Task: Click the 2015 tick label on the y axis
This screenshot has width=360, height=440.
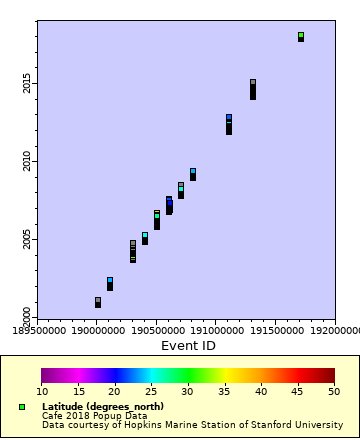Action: click(x=27, y=82)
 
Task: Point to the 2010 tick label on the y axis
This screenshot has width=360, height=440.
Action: click(x=27, y=161)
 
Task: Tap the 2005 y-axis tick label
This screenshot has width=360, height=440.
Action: click(x=27, y=240)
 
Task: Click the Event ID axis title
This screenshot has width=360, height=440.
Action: click(x=188, y=346)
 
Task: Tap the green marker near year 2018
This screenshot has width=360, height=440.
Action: click(x=301, y=36)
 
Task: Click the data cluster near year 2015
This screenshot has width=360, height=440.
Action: click(x=253, y=89)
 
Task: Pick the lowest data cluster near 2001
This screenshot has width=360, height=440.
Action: click(x=98, y=302)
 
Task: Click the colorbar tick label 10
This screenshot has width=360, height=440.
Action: click(x=42, y=391)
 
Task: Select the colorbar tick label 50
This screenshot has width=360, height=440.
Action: click(x=334, y=391)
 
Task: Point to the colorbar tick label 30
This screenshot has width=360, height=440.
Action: click(x=188, y=391)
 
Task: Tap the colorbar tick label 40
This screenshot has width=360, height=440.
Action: click(x=261, y=391)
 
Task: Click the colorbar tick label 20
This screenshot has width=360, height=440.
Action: click(x=115, y=391)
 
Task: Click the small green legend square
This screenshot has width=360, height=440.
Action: click(x=22, y=407)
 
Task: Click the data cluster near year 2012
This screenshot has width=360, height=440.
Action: click(x=229, y=124)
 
